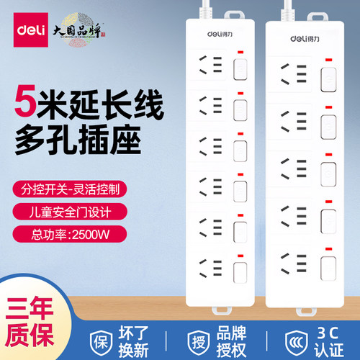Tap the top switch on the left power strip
239,69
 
